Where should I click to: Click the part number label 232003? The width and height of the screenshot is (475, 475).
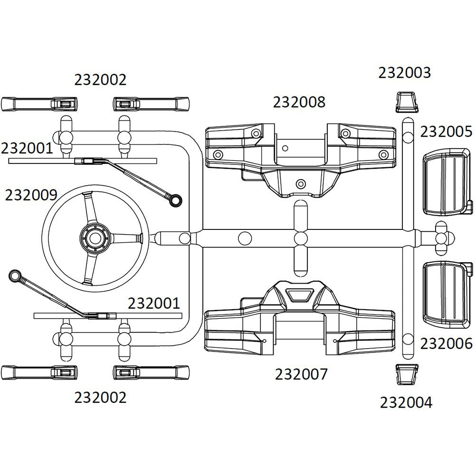pos(404,73)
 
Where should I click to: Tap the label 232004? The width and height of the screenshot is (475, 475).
pos(406,403)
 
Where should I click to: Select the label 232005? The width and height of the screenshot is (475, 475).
pos(446,132)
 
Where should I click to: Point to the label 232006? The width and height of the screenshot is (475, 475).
pos(446,343)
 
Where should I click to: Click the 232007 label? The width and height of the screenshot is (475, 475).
pos(301,374)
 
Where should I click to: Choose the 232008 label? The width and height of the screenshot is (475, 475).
pos(299,102)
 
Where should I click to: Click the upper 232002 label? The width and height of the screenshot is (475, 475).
pos(100,80)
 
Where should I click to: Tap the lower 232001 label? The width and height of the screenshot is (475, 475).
pos(154,303)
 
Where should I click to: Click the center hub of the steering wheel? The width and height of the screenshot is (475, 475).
pos(95,236)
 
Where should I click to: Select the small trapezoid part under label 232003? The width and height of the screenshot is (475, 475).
pos(407,101)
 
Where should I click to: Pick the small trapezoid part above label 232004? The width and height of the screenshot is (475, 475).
pos(407,374)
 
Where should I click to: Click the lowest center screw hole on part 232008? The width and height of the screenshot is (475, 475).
pos(300,183)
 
